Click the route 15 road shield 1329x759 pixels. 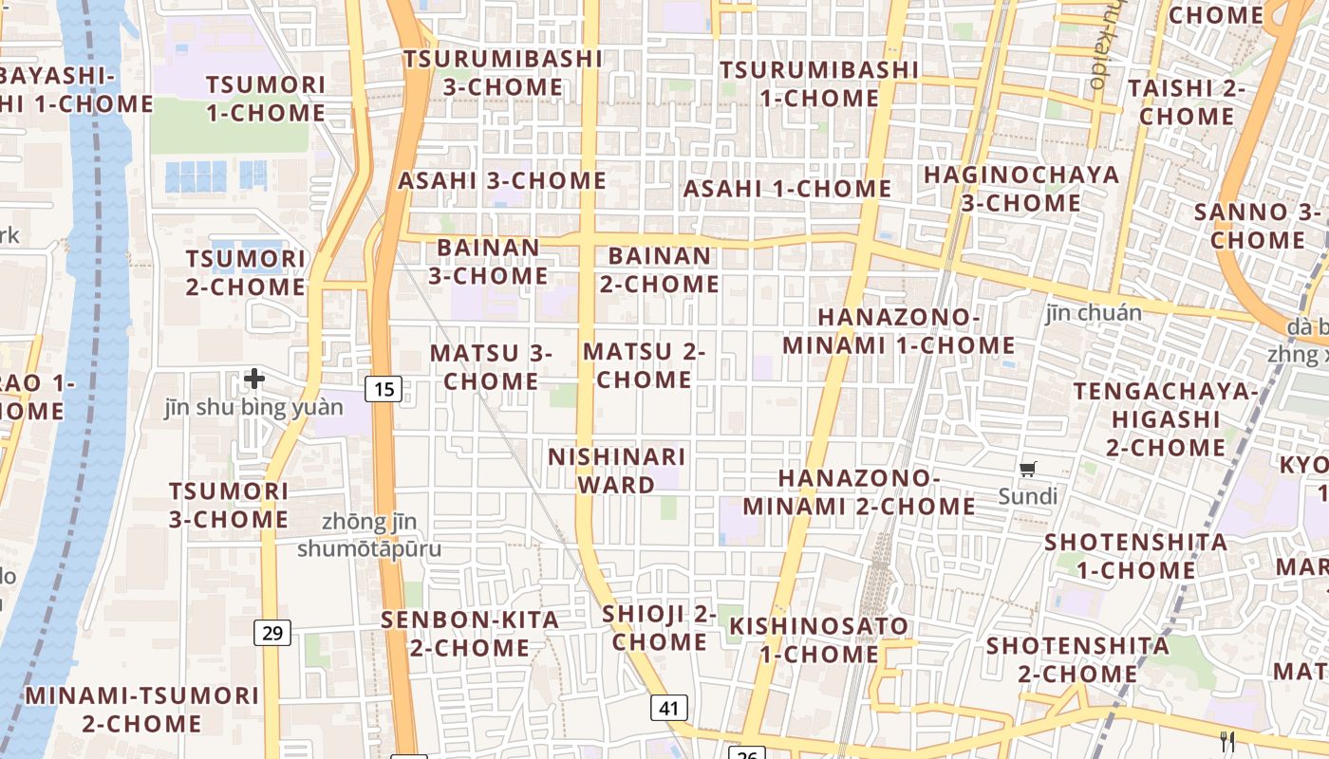(x=384, y=388)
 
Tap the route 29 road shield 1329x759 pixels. (x=272, y=632)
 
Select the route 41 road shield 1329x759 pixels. (x=669, y=707)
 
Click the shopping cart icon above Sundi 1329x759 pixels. (x=1028, y=468)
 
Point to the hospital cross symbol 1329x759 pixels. (x=254, y=379)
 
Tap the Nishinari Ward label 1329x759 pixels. (x=617, y=471)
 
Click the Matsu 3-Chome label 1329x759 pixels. (x=491, y=367)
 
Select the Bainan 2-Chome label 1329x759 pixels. (x=663, y=269)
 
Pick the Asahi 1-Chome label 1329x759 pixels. (x=787, y=189)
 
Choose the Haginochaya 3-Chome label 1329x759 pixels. (x=1021, y=189)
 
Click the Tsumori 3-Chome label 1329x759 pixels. (x=229, y=505)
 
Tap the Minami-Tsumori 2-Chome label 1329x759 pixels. (x=141, y=709)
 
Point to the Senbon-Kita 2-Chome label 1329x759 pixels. (x=470, y=634)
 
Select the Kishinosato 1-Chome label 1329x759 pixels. (x=819, y=640)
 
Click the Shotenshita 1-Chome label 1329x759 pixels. (x=1135, y=556)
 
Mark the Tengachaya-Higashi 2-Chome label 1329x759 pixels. (x=1166, y=418)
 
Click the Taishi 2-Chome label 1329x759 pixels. (x=1187, y=102)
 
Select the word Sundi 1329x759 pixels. (x=1028, y=496)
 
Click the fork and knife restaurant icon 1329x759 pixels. (x=1227, y=741)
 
